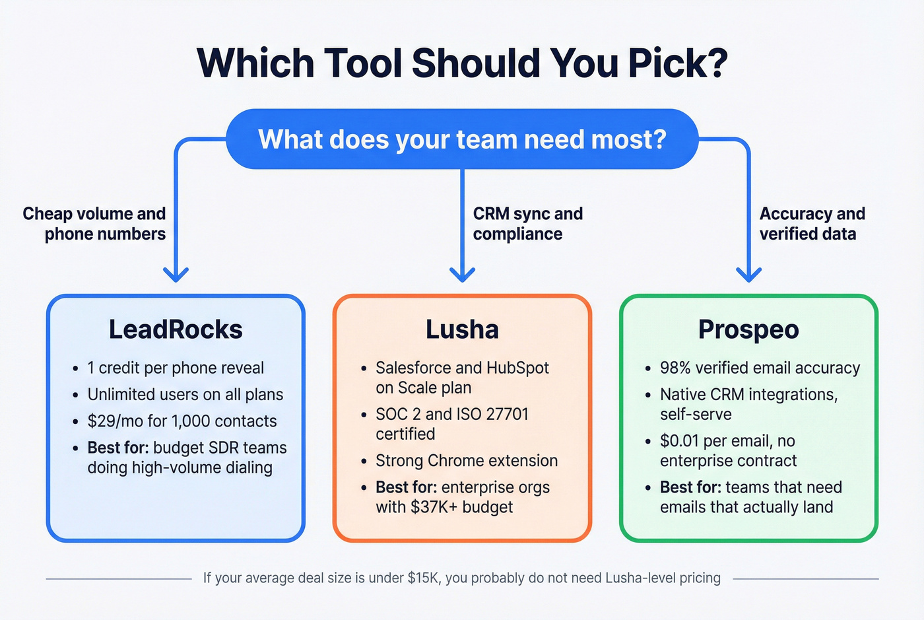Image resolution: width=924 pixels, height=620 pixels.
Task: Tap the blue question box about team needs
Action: click(462, 139)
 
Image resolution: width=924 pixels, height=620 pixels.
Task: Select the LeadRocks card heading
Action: click(176, 329)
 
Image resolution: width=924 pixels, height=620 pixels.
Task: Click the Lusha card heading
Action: click(462, 329)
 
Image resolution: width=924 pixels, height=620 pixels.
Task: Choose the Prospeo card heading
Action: click(748, 329)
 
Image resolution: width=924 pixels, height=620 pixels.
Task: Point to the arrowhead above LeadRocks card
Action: click(176, 274)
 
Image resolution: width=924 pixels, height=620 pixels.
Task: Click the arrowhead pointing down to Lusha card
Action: click(462, 274)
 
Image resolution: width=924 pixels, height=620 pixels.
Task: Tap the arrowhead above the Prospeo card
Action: click(748, 274)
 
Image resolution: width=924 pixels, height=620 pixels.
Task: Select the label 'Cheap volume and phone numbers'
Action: click(94, 224)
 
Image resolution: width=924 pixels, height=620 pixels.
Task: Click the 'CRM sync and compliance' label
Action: click(527, 224)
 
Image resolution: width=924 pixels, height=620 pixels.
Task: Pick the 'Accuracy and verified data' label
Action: click(812, 224)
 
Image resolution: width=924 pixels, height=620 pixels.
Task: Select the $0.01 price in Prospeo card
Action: click(680, 441)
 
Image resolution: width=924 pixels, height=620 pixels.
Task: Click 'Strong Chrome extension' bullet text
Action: click(467, 461)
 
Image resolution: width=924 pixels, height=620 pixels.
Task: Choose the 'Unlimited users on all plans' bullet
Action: click(185, 395)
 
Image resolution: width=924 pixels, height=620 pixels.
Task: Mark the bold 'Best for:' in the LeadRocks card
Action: click(117, 448)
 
